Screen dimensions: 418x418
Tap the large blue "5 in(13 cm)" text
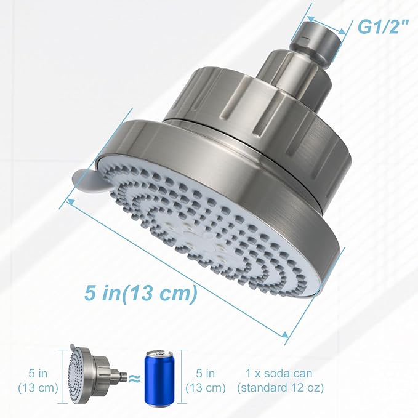click(140, 293)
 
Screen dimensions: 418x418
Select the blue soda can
click(158, 378)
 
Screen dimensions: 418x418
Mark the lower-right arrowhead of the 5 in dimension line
click(286, 334)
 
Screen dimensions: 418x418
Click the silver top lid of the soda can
click(158, 354)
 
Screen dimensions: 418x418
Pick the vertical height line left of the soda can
click(186, 379)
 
